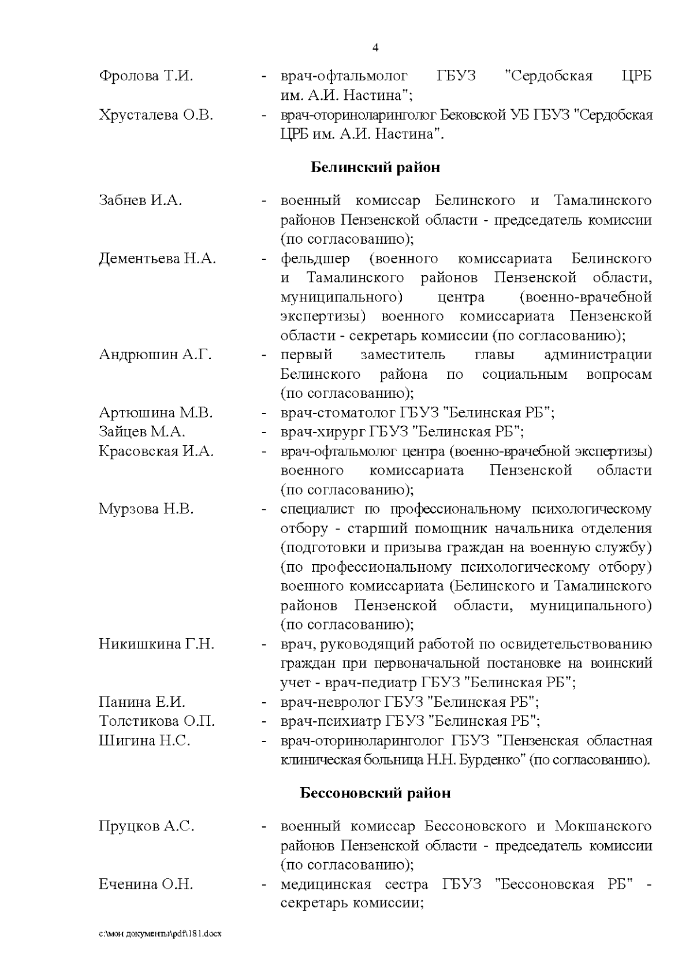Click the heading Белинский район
tap(375, 167)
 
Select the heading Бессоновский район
tap(375, 793)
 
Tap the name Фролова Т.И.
tap(146, 76)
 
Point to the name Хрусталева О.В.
tap(156, 115)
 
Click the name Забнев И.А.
tap(140, 200)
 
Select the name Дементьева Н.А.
tap(158, 258)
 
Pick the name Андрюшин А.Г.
tap(155, 355)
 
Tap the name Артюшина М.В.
tap(156, 412)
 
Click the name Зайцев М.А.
tap(142, 431)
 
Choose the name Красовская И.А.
tap(157, 451)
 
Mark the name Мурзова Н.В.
tap(146, 509)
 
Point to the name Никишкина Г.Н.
tap(157, 643)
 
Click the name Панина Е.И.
tap(142, 702)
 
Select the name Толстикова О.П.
tap(157, 721)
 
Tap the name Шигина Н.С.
tap(144, 740)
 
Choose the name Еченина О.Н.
tap(146, 884)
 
